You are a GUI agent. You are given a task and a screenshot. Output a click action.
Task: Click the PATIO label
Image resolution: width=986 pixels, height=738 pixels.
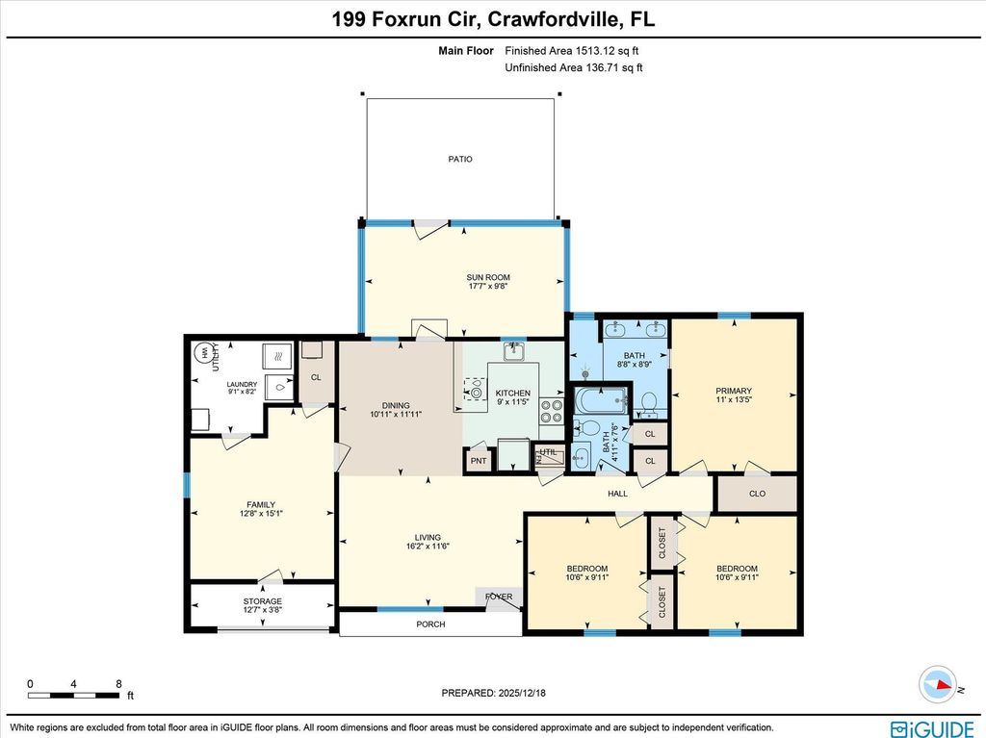tap(460, 160)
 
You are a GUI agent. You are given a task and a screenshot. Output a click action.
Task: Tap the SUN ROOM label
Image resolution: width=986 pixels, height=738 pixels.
tap(488, 278)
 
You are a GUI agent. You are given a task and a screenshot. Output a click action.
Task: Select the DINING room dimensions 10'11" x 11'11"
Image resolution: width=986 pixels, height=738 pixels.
tap(396, 414)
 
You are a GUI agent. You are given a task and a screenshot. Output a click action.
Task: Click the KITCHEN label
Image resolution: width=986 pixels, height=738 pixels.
tap(512, 394)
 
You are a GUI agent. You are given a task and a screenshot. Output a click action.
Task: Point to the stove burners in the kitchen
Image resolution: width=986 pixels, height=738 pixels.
tap(552, 412)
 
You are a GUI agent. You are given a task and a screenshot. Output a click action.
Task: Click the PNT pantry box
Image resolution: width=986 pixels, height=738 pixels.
tap(479, 461)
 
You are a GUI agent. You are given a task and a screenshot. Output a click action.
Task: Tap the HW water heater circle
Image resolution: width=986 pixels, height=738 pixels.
tap(204, 354)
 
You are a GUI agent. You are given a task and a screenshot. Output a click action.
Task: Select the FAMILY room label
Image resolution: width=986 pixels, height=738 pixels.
tap(261, 505)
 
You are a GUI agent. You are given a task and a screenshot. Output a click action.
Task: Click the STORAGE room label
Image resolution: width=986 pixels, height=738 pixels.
tap(262, 601)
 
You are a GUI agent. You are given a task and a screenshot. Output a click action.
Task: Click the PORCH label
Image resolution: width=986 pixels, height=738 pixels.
tap(430, 624)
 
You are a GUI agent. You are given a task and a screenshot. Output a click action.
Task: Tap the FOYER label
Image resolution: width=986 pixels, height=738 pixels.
tap(499, 597)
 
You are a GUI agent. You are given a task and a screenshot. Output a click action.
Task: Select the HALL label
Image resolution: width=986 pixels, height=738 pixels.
tap(617, 494)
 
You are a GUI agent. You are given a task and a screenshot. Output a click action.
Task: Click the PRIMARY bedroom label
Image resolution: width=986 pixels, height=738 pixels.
tap(733, 392)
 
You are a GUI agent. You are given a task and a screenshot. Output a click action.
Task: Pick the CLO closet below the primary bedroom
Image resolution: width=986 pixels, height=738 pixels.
tap(757, 494)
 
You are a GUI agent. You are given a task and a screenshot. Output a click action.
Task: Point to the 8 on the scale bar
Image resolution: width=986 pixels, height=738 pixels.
tap(118, 683)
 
